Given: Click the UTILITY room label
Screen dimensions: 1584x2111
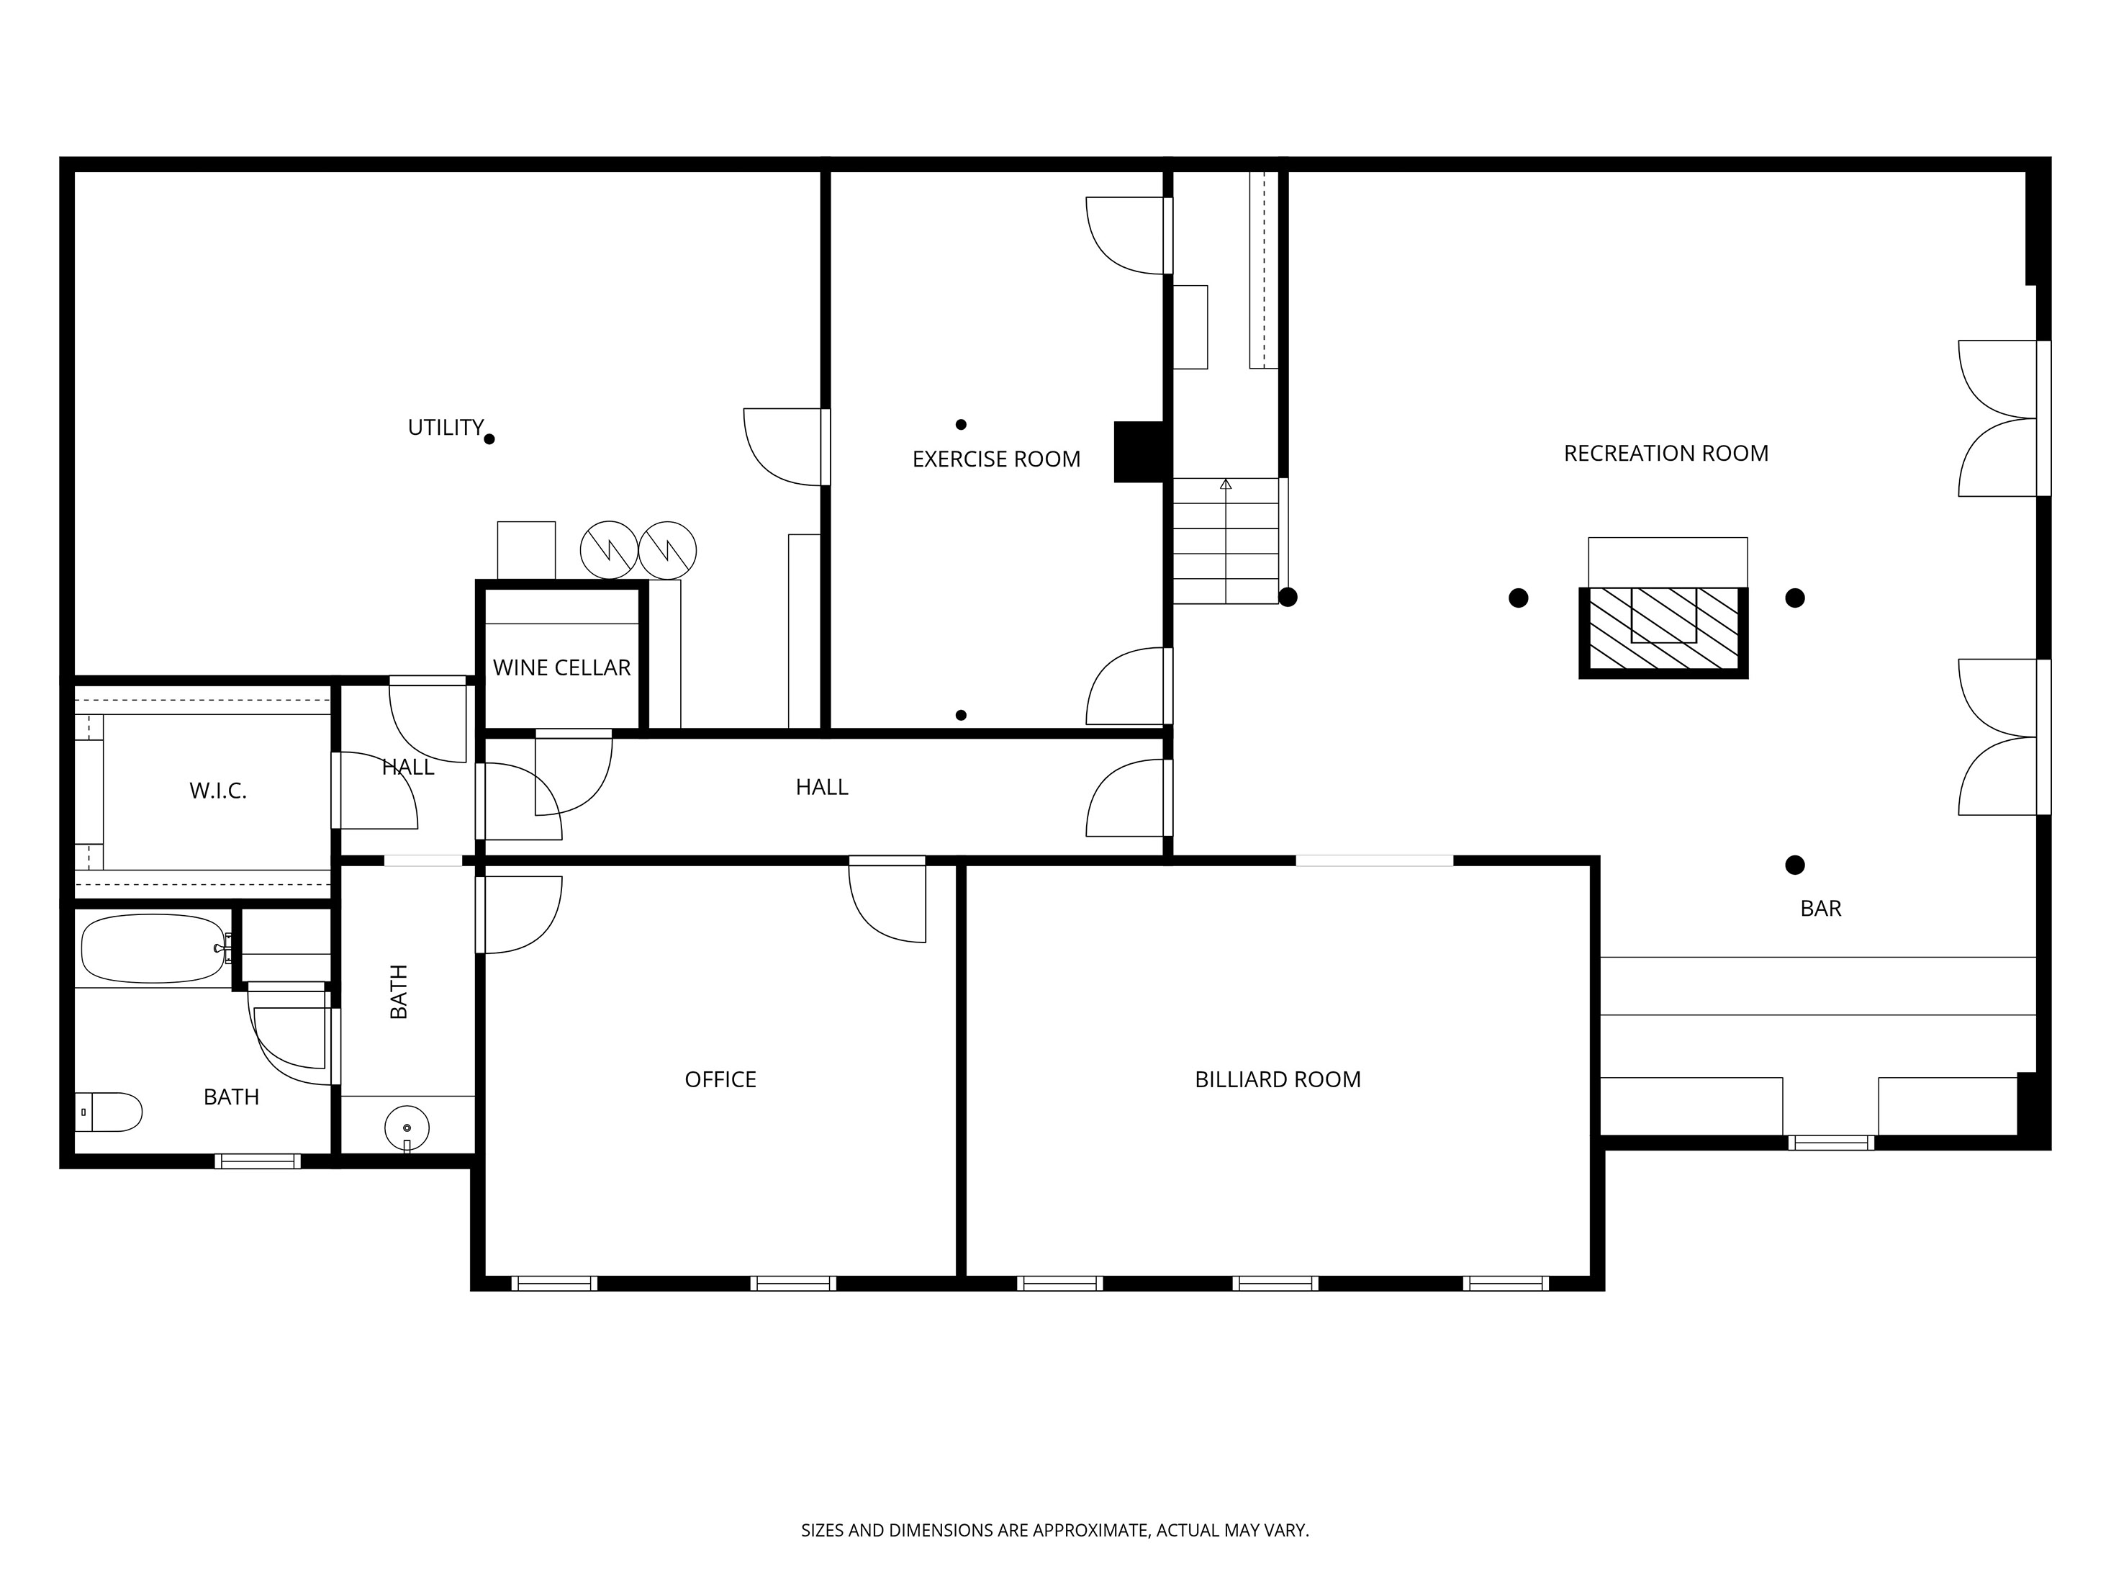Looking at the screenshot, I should coord(446,428).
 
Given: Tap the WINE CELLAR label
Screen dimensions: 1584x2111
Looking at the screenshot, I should coord(561,668).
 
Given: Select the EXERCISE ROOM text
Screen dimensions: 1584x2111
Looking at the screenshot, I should coord(996,459).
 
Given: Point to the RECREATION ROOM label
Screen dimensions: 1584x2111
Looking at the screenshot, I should coord(1665,454).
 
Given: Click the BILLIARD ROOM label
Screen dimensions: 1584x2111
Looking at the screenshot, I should coord(1277,1080).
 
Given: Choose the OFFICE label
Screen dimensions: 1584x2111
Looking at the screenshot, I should coord(720,1080).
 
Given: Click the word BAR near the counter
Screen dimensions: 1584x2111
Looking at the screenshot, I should coord(1820,909).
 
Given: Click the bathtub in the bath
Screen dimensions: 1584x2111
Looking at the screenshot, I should coord(153,949).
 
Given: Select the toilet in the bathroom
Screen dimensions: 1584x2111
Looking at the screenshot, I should coord(109,1112).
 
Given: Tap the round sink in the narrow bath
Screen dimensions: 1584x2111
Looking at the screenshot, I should coord(407,1128).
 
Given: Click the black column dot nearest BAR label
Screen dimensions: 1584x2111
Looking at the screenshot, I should coord(1794,865).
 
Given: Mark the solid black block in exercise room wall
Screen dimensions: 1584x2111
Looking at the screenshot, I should coord(1139,451).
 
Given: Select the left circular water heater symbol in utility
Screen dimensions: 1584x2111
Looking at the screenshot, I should coord(609,550).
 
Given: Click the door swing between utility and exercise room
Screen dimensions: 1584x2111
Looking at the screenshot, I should coord(782,447).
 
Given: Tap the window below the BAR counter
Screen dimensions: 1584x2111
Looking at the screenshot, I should coord(1830,1142).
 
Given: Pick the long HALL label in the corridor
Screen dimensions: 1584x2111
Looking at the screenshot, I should coord(822,788).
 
